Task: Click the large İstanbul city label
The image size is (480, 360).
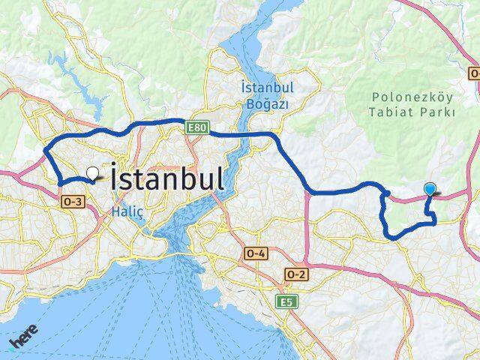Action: click(166, 179)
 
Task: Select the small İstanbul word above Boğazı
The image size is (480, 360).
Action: click(267, 88)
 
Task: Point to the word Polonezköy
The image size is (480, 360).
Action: click(412, 97)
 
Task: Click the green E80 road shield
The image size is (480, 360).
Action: click(197, 128)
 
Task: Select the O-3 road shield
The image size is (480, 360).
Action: click(73, 201)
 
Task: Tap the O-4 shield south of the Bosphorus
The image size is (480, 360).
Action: click(255, 254)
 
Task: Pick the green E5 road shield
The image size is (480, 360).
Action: click(286, 301)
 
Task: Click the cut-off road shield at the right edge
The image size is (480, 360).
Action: click(475, 73)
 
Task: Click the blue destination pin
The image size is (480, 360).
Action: click(430, 190)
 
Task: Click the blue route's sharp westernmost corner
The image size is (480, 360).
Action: click(44, 147)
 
